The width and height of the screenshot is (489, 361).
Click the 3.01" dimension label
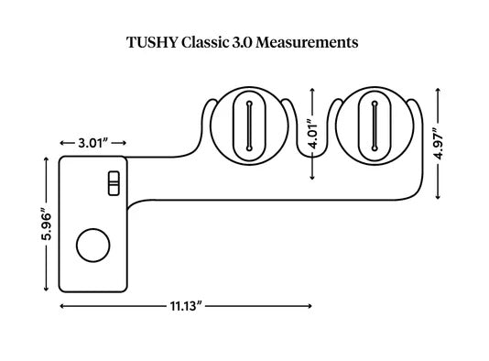93,143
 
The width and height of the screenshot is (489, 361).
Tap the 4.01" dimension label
313,134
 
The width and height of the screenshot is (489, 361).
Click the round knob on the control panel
92,246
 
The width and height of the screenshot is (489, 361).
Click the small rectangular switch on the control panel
113,182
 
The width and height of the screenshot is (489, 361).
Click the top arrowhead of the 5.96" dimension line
45,160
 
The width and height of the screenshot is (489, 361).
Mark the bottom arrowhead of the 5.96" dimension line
45,288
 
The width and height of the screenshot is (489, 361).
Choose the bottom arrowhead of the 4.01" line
313,176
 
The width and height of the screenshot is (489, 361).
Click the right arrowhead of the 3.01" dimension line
125,143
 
